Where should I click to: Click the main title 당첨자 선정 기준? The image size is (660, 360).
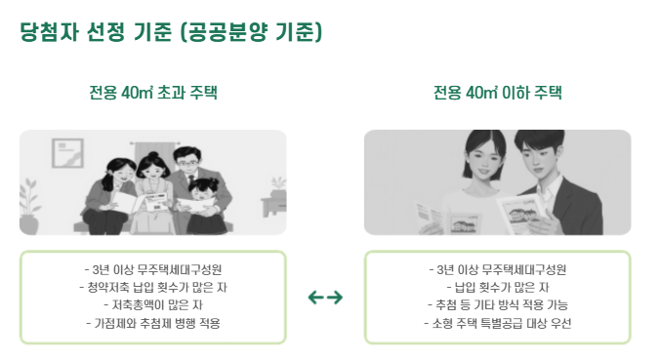(96, 32)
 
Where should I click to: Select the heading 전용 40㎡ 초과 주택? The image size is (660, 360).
(153, 93)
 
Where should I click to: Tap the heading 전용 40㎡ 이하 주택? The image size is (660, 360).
(498, 93)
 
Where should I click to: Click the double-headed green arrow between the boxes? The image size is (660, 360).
(325, 298)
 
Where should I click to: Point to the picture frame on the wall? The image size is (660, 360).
(67, 153)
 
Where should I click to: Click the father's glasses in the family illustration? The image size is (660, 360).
(186, 163)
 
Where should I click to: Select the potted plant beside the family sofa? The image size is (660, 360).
(29, 206)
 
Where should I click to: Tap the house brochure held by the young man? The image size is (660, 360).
(521, 213)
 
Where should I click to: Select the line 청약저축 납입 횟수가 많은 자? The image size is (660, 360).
(153, 287)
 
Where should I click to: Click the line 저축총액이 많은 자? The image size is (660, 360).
(153, 305)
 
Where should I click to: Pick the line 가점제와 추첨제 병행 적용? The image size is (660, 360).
(153, 323)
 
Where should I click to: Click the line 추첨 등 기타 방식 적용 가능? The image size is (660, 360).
(498, 305)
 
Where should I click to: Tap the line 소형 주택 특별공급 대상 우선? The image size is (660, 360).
(498, 323)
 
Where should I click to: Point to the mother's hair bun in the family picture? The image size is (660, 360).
(152, 155)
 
